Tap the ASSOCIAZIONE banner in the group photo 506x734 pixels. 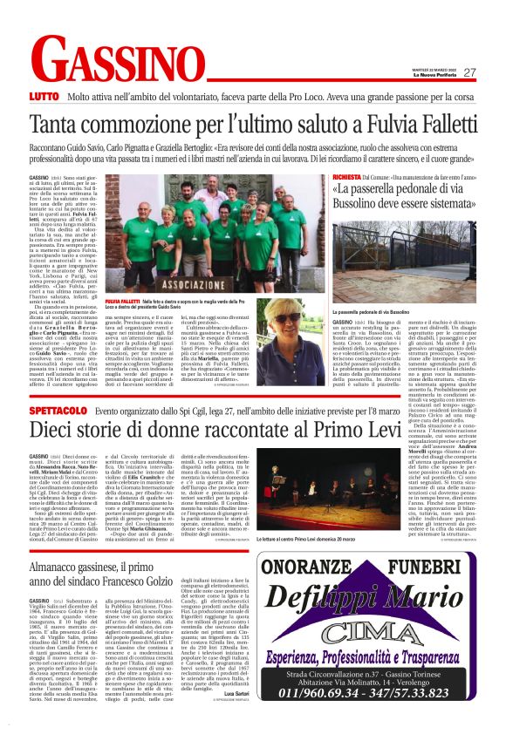(168, 282)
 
